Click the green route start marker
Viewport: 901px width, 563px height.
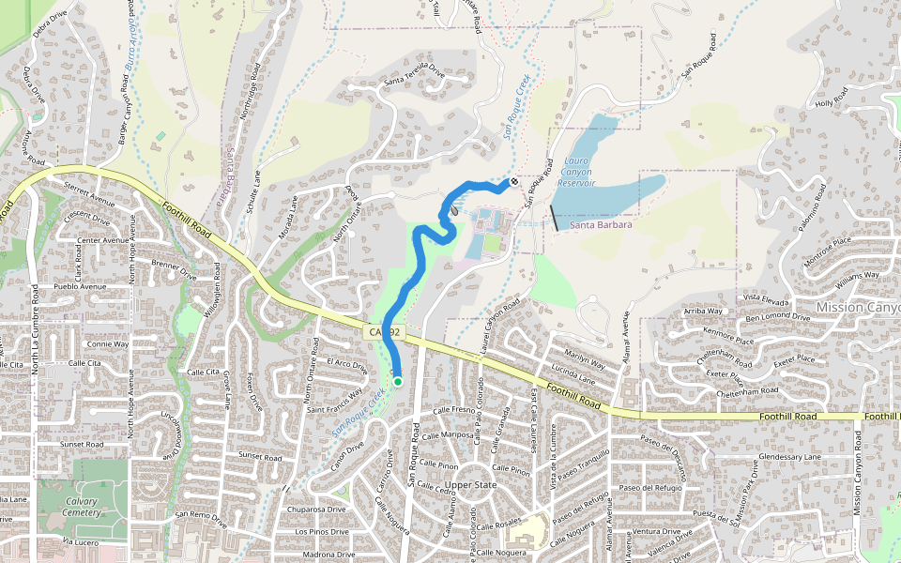(398, 381)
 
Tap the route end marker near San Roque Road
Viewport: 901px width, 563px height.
(514, 180)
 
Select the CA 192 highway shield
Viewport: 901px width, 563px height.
(383, 332)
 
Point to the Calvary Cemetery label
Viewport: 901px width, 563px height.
(82, 508)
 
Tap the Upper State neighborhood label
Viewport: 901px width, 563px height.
(470, 485)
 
